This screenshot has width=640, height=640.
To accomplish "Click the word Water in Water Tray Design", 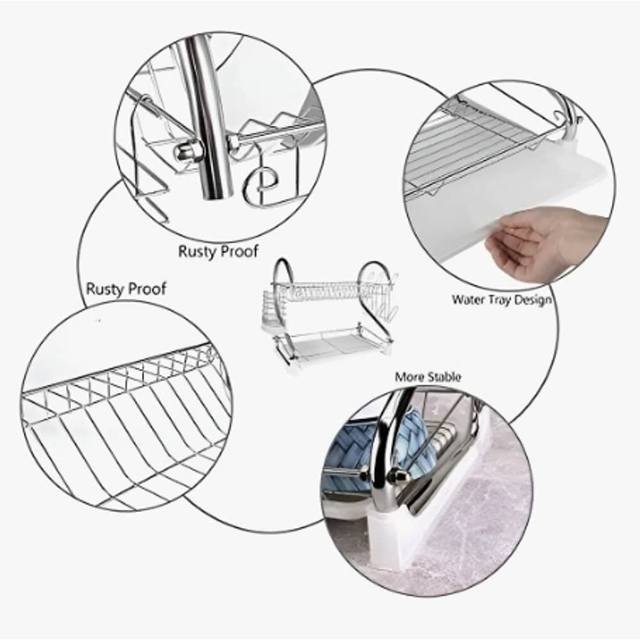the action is (468, 300).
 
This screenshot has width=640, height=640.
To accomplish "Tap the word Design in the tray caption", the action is (532, 300).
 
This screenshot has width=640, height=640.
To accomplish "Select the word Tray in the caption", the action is (499, 301).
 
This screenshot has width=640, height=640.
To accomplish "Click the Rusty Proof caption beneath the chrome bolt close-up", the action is (218, 251).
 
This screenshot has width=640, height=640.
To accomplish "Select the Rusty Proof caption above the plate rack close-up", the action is (126, 289).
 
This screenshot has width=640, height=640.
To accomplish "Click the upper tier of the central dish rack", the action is (331, 291).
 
